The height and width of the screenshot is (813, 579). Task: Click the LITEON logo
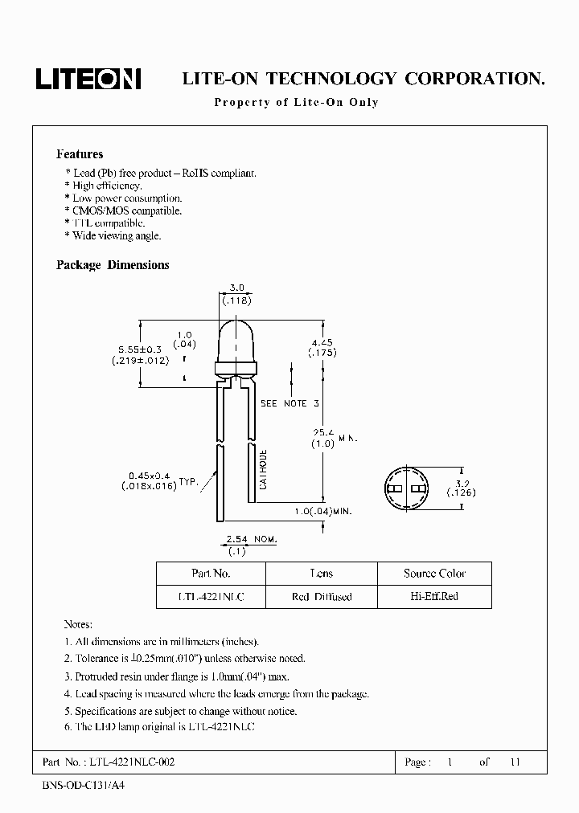[x=88, y=78]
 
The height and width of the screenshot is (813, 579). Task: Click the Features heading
[x=80, y=154]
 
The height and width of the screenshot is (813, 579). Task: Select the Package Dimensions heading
[x=113, y=265]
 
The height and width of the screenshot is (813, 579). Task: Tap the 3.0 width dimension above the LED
[x=237, y=287]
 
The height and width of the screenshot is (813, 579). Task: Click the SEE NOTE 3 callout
[x=290, y=403]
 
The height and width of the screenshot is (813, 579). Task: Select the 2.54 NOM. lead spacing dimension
[x=251, y=540]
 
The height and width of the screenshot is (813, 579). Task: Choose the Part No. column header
[x=211, y=574]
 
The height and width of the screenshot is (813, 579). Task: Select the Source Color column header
[x=434, y=574]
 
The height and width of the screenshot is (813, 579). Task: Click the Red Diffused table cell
[x=321, y=597]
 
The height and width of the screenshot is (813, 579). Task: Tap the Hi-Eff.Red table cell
[x=434, y=597]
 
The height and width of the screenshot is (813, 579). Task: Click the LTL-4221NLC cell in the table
[x=211, y=597]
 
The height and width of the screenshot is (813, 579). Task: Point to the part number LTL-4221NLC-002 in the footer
[x=130, y=762]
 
